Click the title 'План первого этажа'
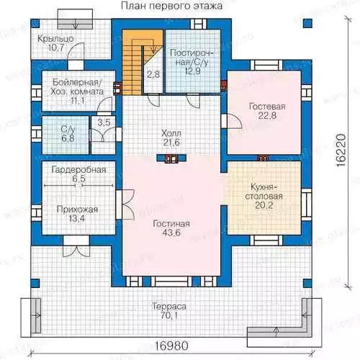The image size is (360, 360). (171, 6)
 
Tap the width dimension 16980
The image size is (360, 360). (171, 346)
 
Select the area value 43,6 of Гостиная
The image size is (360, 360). (171, 233)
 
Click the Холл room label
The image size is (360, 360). (171, 133)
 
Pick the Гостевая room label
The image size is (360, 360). (267, 107)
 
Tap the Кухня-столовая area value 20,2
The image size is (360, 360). (264, 205)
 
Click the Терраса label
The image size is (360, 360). (169, 307)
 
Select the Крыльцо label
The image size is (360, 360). (55, 39)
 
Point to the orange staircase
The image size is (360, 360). (132, 62)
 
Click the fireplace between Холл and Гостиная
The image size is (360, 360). (171, 158)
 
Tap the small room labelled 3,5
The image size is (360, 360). (104, 135)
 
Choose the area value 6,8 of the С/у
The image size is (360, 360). (68, 139)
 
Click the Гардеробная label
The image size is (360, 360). (78, 170)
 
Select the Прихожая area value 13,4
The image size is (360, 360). (77, 219)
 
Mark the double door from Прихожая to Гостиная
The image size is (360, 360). (125, 204)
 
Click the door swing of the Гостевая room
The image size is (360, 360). (234, 121)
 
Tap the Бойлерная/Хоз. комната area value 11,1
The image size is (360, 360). (78, 101)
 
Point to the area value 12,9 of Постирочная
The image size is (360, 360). (192, 71)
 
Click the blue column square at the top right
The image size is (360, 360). (307, 23)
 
